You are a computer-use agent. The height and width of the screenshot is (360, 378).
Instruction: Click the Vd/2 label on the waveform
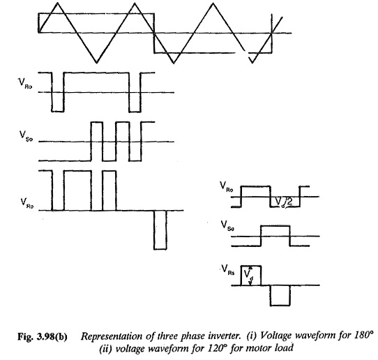(284, 202)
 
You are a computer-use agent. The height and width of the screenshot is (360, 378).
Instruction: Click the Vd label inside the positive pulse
(248, 276)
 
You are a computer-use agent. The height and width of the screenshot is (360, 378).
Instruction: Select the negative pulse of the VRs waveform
(280, 296)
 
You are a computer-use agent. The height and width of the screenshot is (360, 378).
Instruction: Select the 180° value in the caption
(363, 335)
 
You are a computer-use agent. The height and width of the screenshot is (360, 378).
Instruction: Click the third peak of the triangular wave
(213, 3)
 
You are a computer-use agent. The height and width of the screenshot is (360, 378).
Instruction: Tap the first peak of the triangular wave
(57, 3)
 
